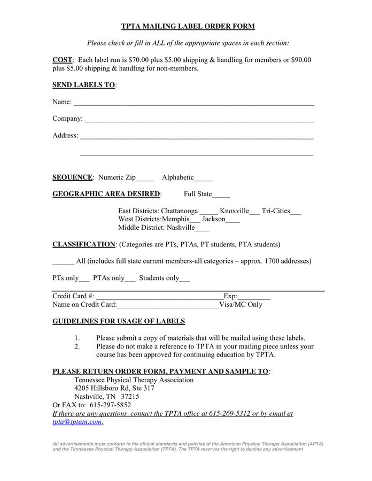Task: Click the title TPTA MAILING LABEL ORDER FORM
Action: [188, 26]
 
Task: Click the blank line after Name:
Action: [193, 103]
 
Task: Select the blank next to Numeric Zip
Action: [145, 179]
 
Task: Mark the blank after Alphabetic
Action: [203, 179]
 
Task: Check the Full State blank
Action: [221, 195]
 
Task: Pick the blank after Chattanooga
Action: [209, 212]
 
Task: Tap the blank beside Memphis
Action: [195, 220]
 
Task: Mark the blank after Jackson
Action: [233, 220]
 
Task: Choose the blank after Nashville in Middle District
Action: [203, 229]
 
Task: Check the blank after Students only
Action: [185, 279]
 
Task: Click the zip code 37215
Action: [130, 397]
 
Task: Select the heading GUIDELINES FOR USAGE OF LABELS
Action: [119, 321]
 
